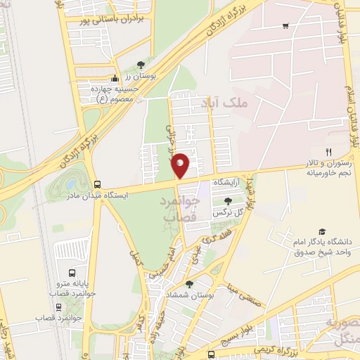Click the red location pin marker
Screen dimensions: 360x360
pos(181,165)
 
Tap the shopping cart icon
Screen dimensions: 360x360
pos(285,27)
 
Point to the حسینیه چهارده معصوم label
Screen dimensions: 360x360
pos(117,93)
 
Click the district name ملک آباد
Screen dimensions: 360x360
pos(229,103)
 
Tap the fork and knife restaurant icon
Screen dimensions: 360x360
pos(328,152)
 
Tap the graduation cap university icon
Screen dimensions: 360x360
pos(322,232)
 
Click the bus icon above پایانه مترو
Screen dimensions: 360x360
pos(72,273)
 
